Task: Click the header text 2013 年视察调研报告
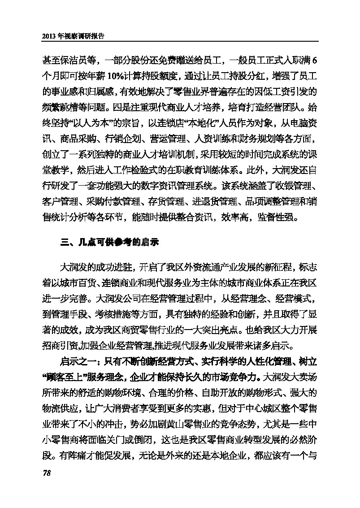73,37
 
